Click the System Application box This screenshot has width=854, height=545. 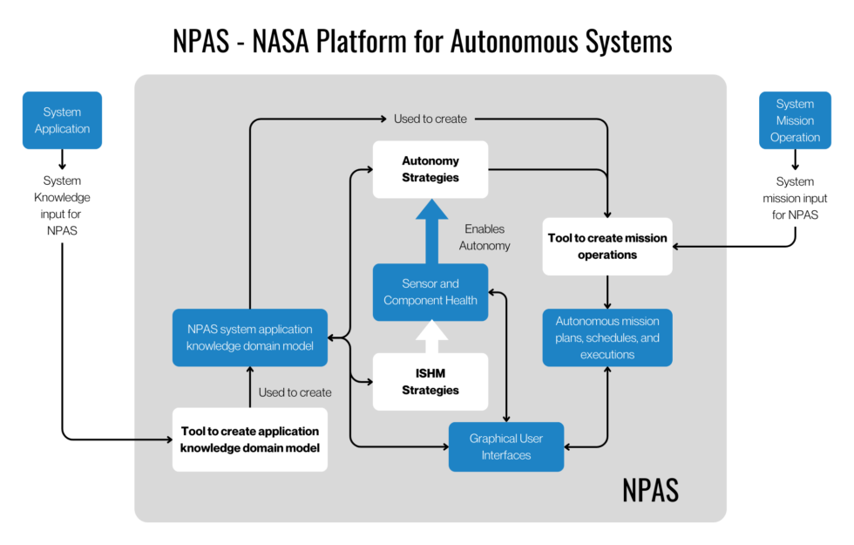(62, 120)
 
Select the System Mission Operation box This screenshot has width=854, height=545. (795, 120)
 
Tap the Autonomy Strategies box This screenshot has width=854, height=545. (430, 169)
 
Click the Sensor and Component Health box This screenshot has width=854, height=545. (430, 292)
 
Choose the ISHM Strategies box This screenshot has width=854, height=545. (430, 382)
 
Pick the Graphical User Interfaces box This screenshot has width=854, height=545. (506, 446)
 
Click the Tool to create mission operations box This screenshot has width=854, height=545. (607, 246)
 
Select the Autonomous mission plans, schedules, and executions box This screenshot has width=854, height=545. (607, 337)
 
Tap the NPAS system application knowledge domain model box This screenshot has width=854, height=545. (249, 337)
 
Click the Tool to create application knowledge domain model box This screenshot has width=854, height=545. (249, 439)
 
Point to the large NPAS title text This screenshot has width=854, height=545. (650, 490)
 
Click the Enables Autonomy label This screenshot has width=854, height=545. (485, 237)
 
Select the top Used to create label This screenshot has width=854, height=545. (430, 119)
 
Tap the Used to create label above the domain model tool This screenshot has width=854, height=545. (295, 392)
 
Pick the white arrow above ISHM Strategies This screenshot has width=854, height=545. (430, 337)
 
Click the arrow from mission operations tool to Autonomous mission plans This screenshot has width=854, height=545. (607, 291)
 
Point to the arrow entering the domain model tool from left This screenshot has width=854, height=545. (153, 439)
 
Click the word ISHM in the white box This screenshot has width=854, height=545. (430, 373)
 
